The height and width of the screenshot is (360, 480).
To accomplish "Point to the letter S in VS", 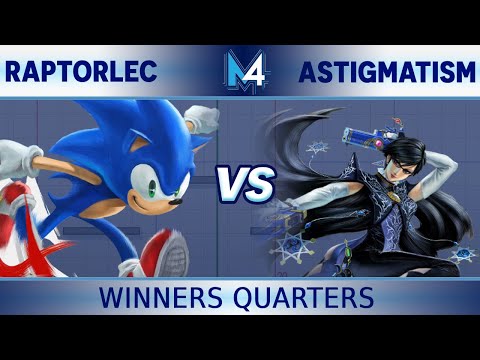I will pos(257,185).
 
